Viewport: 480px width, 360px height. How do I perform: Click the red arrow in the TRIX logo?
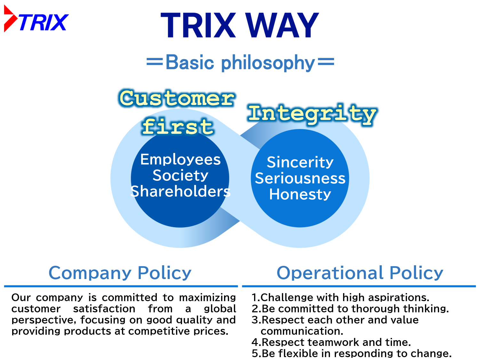pos(10,18)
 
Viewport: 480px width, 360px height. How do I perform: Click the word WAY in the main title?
pos(282,25)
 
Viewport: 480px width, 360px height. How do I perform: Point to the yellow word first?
pos(178,126)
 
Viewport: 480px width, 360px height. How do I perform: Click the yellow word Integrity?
pos(313,114)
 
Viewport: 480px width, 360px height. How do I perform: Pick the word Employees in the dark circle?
pos(180,160)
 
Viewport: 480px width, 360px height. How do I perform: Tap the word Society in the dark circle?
pos(180,175)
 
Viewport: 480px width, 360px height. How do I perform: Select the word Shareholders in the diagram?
pos(180,191)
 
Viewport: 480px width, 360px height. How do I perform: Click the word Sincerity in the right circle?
pos(300,163)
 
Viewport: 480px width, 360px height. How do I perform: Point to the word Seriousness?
pos(300,178)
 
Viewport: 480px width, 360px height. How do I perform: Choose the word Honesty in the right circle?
pos(300,194)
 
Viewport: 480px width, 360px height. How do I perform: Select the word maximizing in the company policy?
pos(207,298)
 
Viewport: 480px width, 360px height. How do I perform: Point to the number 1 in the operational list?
pos(254,298)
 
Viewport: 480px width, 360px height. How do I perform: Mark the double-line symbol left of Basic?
pos(155,61)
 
